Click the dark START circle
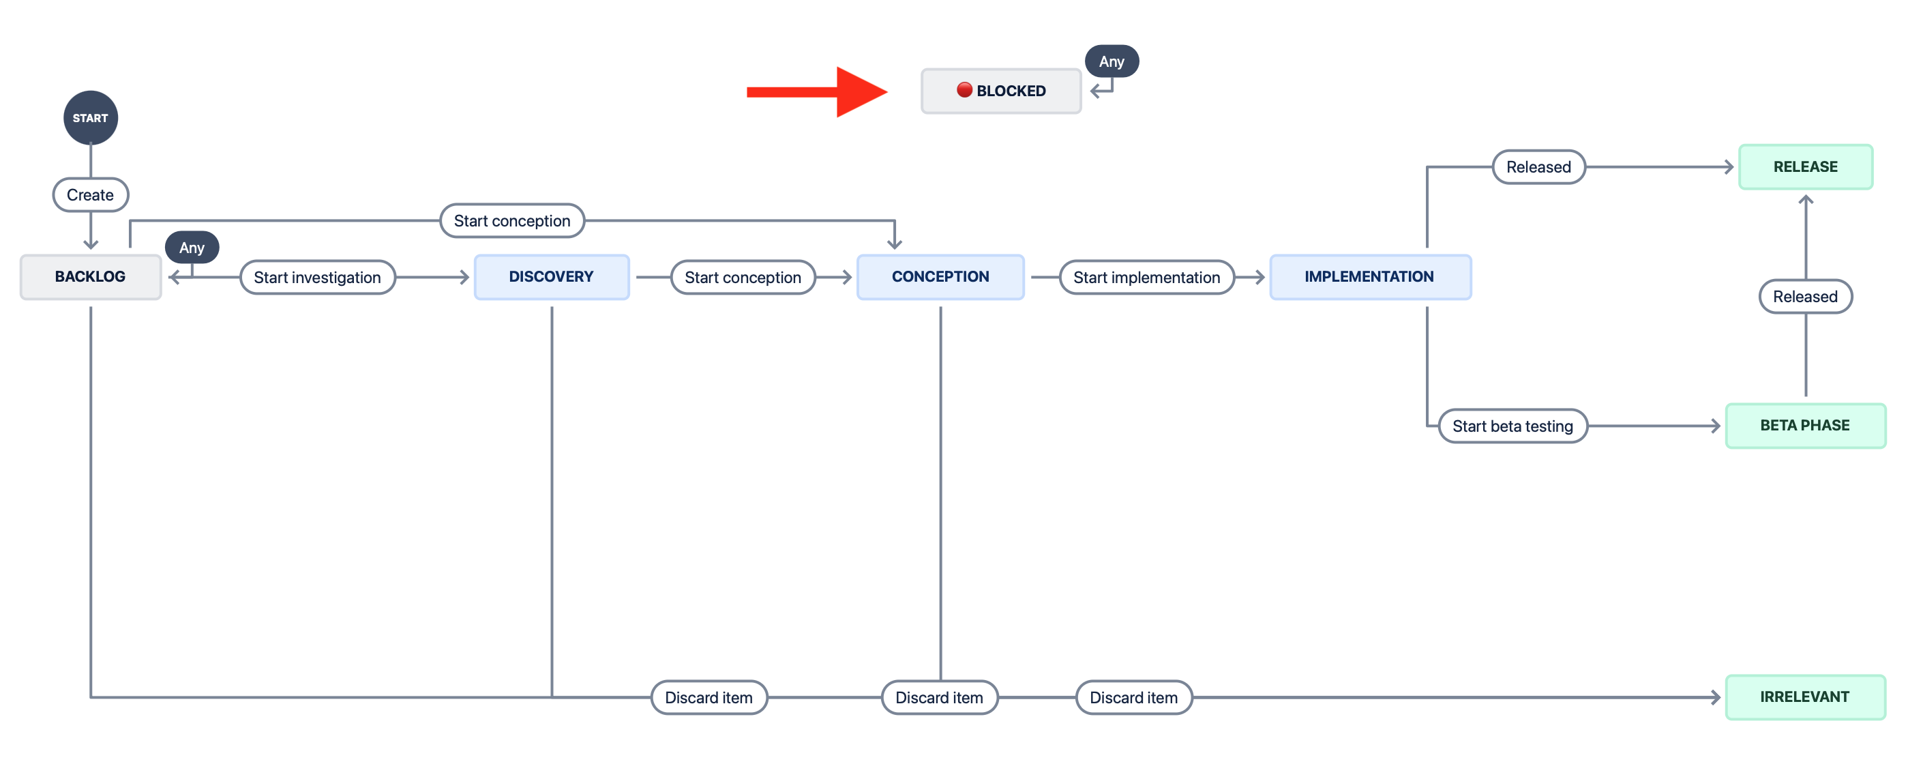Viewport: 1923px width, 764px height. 90,117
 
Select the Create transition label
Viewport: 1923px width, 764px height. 90,195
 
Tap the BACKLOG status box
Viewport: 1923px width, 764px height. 90,276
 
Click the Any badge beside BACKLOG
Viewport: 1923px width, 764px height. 192,247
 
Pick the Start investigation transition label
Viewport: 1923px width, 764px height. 317,277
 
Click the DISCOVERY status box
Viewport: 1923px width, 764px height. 551,276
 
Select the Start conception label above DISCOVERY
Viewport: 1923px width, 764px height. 512,220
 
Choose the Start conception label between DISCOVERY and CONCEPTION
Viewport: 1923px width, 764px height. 743,277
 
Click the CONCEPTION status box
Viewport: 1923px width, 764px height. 940,276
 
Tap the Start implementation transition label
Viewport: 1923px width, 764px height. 1146,277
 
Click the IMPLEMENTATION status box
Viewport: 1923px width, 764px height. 1369,276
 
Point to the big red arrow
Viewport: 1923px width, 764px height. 818,92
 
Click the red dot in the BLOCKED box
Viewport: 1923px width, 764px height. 964,89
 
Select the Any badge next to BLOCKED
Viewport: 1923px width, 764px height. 1112,61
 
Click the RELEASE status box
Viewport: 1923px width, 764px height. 1805,166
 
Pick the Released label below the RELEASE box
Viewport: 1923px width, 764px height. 1805,297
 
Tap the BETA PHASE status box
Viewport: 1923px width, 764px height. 1805,425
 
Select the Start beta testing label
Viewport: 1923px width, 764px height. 1512,426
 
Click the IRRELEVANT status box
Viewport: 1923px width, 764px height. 1805,696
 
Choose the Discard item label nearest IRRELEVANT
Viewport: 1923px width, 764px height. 1133,696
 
